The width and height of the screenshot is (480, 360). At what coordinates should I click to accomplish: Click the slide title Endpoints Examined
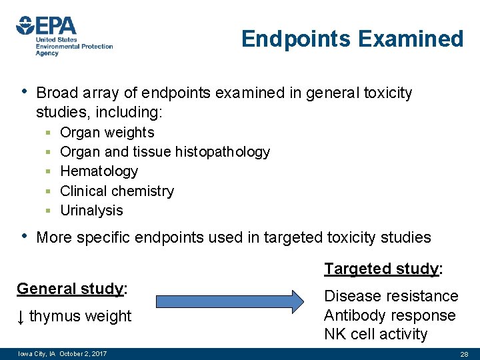point(352,39)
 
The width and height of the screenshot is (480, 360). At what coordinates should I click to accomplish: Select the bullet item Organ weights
point(107,133)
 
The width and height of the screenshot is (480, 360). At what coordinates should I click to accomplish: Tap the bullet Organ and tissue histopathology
point(165,152)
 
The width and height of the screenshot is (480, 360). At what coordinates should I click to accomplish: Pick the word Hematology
point(99,171)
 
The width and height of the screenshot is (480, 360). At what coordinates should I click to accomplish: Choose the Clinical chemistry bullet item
point(117,191)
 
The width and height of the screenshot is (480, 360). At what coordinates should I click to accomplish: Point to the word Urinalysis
point(91,211)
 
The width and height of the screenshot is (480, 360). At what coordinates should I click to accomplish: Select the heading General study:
point(72,289)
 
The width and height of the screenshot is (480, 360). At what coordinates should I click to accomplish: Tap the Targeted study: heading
point(383,269)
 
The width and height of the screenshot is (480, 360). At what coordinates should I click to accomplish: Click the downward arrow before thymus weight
point(21,317)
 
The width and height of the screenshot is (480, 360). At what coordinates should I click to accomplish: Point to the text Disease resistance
point(391,296)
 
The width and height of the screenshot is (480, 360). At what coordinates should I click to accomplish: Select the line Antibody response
point(389,315)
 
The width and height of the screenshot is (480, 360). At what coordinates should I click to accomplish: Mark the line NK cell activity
point(375,334)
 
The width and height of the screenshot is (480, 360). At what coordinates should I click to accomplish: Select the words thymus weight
point(81,317)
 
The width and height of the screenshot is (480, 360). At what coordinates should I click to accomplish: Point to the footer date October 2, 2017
point(83,353)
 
